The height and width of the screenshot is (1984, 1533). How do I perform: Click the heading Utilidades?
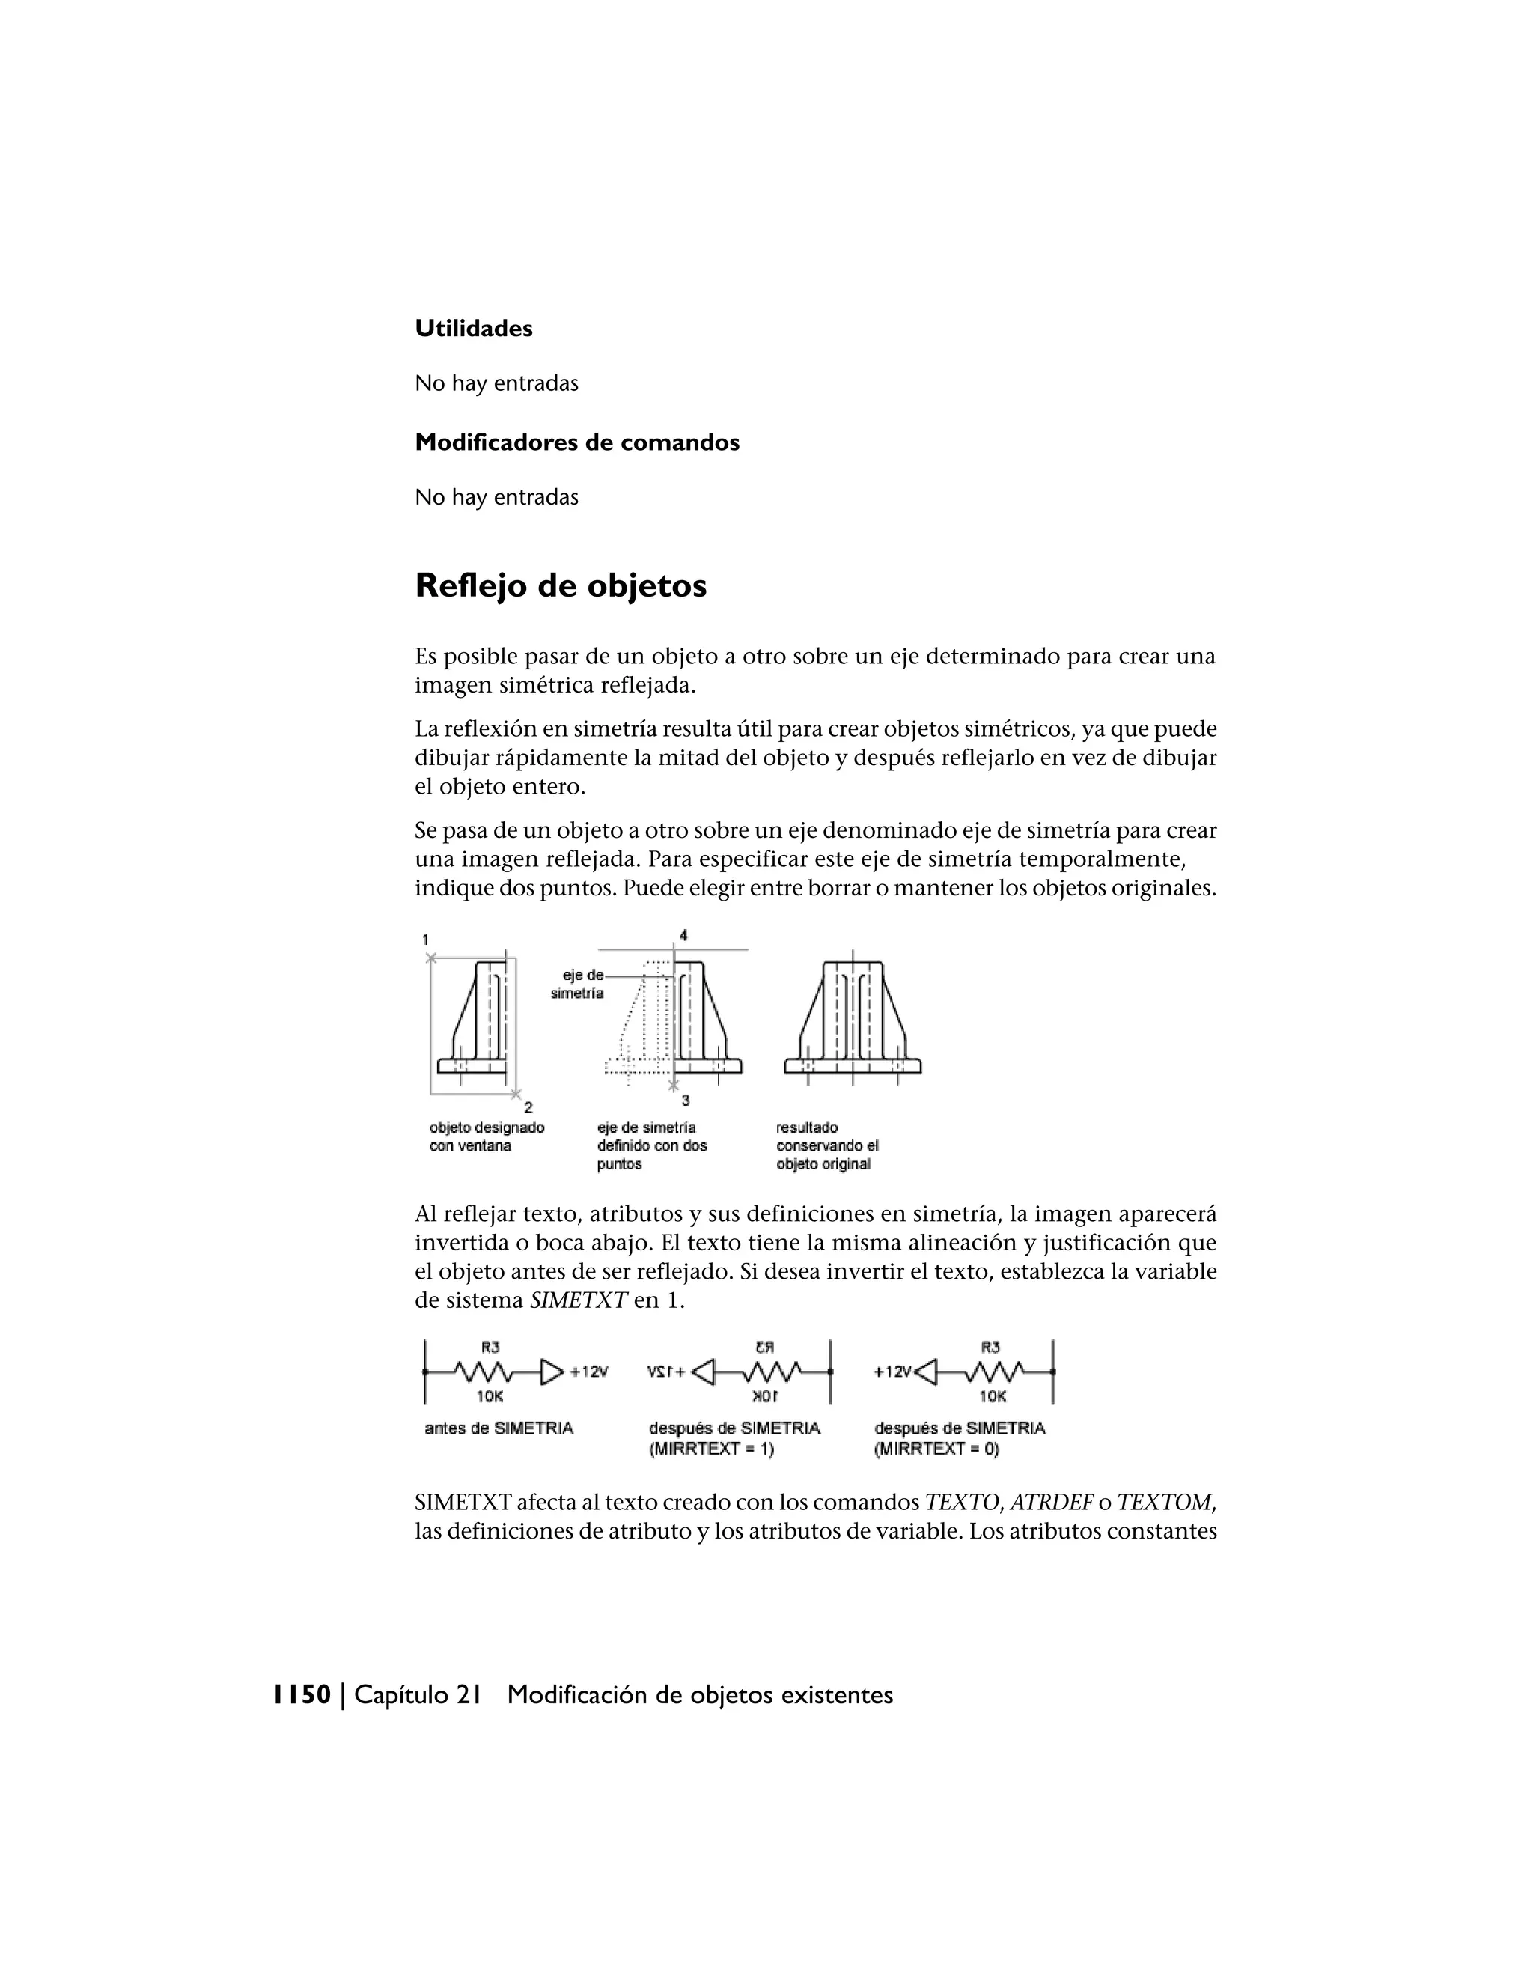click(x=473, y=328)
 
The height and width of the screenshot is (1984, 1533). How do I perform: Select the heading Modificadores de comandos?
click(x=576, y=442)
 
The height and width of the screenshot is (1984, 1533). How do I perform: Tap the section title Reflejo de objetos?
click(x=561, y=586)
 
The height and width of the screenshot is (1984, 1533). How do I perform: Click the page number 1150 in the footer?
click(x=302, y=1694)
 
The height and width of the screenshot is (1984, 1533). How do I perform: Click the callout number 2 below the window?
click(x=528, y=1107)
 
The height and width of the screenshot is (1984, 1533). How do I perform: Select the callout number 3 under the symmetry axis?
click(x=685, y=1100)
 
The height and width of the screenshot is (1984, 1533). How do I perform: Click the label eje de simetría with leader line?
click(x=578, y=984)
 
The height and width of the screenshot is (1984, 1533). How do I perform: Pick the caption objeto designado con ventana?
click(x=486, y=1136)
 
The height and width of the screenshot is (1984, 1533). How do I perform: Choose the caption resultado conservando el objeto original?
click(x=826, y=1145)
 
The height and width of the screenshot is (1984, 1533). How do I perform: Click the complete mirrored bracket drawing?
click(x=852, y=1017)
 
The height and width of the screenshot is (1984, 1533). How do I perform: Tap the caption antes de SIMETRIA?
click(x=499, y=1428)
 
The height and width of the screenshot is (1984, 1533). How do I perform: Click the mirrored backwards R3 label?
click(x=763, y=1346)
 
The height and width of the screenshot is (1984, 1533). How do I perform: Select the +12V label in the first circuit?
click(x=588, y=1372)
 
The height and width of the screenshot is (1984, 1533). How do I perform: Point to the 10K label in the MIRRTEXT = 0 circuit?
click(x=992, y=1396)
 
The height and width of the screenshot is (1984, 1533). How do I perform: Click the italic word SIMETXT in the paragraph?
click(x=578, y=1300)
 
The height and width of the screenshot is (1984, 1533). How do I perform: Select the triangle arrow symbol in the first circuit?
click(x=551, y=1372)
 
